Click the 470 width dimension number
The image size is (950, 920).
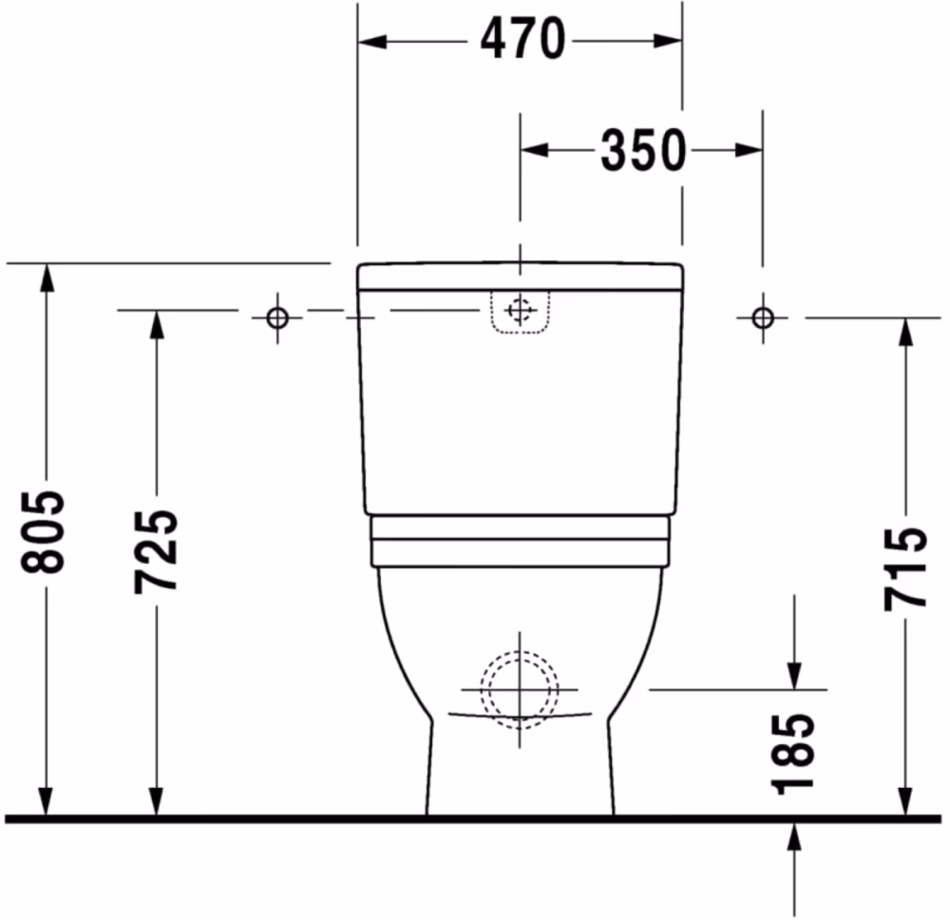(522, 39)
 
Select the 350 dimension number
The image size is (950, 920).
(643, 150)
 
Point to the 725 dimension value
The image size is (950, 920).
(156, 551)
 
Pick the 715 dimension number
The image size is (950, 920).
(905, 569)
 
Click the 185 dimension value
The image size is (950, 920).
(792, 754)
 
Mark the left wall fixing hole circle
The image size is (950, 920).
(277, 317)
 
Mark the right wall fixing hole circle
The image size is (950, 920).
(763, 317)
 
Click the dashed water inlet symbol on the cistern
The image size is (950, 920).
(520, 311)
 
